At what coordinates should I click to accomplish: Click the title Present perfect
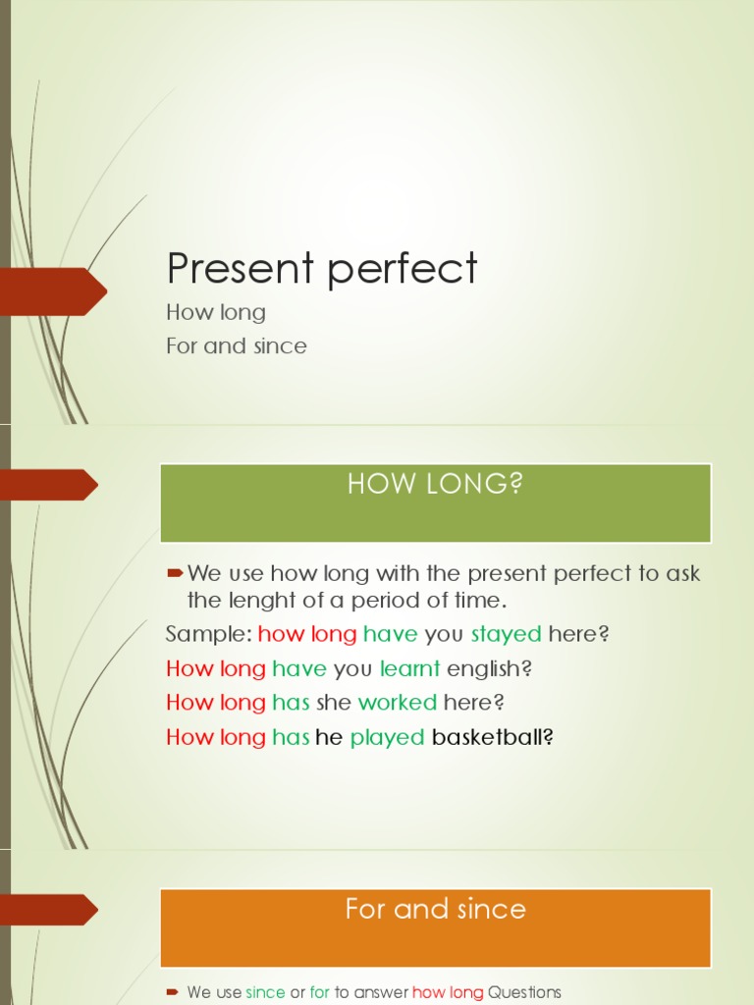tap(322, 269)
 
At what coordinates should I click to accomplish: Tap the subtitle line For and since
tap(237, 345)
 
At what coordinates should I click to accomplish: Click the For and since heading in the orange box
tap(435, 909)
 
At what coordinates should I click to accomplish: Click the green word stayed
tap(507, 634)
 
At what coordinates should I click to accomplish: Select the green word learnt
tap(410, 668)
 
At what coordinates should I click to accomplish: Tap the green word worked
tap(398, 703)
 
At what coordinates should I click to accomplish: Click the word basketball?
tap(494, 737)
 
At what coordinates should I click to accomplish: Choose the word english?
tap(489, 668)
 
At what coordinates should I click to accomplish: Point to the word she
tap(334, 703)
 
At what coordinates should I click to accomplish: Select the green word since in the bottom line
tap(265, 992)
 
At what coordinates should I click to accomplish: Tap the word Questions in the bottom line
tap(524, 992)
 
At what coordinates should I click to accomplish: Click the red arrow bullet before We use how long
tap(176, 572)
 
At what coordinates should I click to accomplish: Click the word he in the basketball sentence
tap(329, 737)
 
